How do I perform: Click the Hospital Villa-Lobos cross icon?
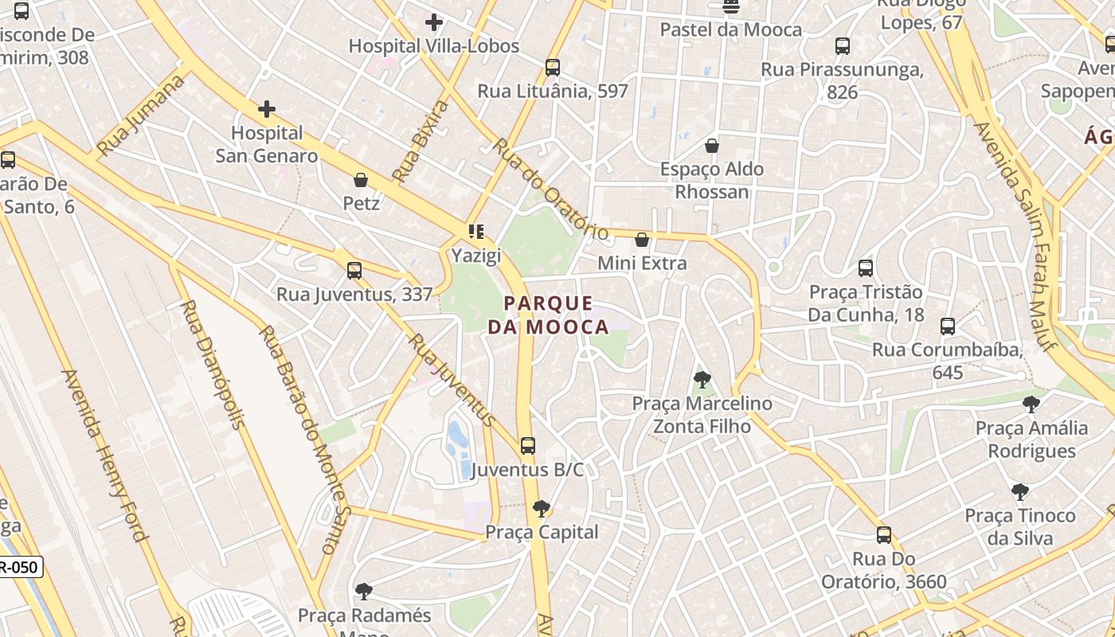pyautogui.click(x=434, y=22)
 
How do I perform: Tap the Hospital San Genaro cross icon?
pyautogui.click(x=267, y=109)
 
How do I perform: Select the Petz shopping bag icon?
pyautogui.click(x=361, y=180)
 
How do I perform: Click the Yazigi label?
pyautogui.click(x=476, y=256)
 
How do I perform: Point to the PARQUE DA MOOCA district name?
pyautogui.click(x=548, y=315)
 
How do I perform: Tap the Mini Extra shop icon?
pyautogui.click(x=642, y=240)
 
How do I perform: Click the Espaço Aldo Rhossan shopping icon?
pyautogui.click(x=712, y=146)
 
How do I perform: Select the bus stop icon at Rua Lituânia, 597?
pyautogui.click(x=553, y=68)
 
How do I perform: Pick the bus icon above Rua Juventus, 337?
pyautogui.click(x=354, y=271)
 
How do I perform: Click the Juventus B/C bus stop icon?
pyautogui.click(x=527, y=446)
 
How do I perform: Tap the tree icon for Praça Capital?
pyautogui.click(x=542, y=508)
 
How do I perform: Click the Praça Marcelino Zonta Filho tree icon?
pyautogui.click(x=702, y=380)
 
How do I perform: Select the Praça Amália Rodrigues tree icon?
pyautogui.click(x=1031, y=404)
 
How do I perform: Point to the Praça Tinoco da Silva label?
pyautogui.click(x=1020, y=527)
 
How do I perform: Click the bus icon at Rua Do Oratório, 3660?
pyautogui.click(x=884, y=535)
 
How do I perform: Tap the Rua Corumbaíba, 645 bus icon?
pyautogui.click(x=948, y=326)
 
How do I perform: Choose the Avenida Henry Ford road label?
pyautogui.click(x=105, y=455)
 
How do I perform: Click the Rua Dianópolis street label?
pyautogui.click(x=213, y=364)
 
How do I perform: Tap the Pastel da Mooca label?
pyautogui.click(x=731, y=30)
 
